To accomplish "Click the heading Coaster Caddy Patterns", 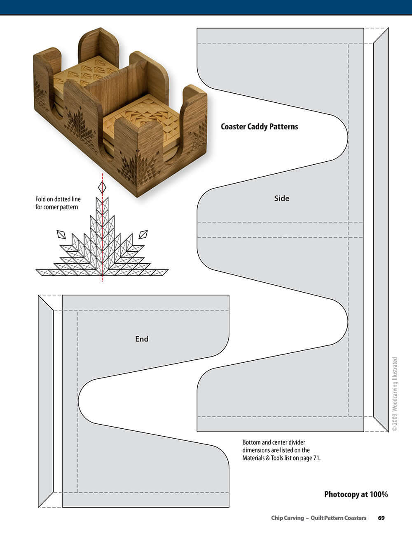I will click(259, 127).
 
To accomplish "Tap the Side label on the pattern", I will click(282, 198).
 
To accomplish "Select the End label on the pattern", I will click(142, 339).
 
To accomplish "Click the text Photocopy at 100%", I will click(356, 494).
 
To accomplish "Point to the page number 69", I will click(381, 518).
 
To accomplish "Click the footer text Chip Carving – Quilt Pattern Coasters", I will click(318, 518).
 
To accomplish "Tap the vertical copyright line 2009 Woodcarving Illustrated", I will click(395, 394).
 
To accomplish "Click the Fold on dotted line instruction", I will click(58, 203).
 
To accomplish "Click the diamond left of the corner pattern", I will click(61, 234).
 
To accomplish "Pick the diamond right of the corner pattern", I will click(143, 234).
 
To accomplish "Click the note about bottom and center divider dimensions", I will click(281, 450).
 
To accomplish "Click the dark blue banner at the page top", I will click(206, 7).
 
